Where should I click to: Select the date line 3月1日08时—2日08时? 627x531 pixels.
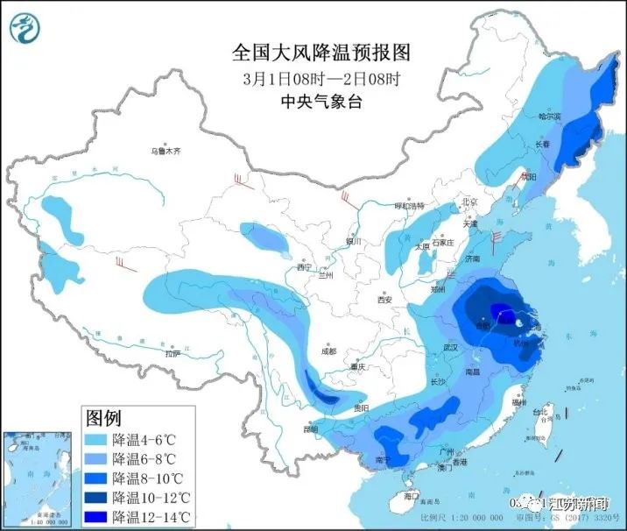click(x=321, y=77)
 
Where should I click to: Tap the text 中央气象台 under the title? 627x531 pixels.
click(x=321, y=102)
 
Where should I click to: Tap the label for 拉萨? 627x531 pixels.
click(x=172, y=354)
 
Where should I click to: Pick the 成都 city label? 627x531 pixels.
click(x=328, y=350)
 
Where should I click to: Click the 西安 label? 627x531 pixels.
click(x=384, y=300)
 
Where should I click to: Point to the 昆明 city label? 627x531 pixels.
click(x=310, y=428)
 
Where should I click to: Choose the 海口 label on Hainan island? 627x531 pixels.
click(x=411, y=497)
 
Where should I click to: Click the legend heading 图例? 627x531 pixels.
click(x=105, y=416)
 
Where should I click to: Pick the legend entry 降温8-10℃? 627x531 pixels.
click(x=146, y=478)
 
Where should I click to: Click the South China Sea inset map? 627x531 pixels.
click(x=38, y=478)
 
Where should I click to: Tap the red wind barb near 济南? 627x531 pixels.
click(x=497, y=238)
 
